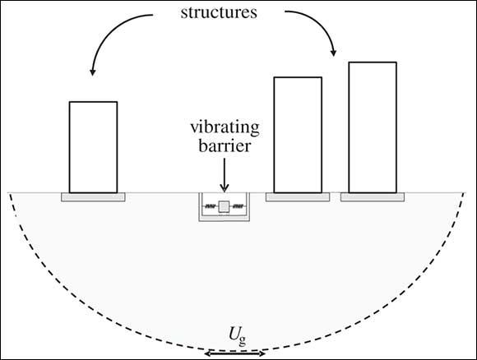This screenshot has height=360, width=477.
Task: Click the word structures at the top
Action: (x=219, y=13)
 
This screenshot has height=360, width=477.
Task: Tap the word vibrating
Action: (x=225, y=127)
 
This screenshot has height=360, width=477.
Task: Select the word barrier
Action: (x=225, y=146)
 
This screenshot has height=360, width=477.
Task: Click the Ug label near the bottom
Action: (x=238, y=337)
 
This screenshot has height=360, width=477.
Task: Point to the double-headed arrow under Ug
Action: (x=234, y=353)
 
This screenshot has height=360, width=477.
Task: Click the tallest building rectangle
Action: (x=373, y=127)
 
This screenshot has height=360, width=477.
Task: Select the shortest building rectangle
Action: (x=93, y=147)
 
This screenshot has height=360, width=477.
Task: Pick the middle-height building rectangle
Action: (x=298, y=135)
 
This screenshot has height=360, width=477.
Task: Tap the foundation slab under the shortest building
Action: (x=93, y=197)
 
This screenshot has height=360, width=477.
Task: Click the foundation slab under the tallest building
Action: (x=373, y=197)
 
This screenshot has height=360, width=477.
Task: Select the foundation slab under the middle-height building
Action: (x=298, y=197)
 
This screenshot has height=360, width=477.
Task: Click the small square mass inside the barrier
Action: (x=224, y=206)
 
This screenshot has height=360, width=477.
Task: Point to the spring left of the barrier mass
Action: (x=211, y=206)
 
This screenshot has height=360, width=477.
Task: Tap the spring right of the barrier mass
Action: (x=238, y=206)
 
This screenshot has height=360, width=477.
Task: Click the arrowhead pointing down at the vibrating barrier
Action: (x=225, y=188)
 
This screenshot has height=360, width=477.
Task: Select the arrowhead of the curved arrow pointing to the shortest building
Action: (x=92, y=72)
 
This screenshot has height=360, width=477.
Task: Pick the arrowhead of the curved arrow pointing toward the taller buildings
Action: (x=334, y=53)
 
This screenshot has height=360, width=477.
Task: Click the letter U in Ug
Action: (x=234, y=335)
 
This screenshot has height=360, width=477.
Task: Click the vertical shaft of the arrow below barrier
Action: (x=225, y=171)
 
